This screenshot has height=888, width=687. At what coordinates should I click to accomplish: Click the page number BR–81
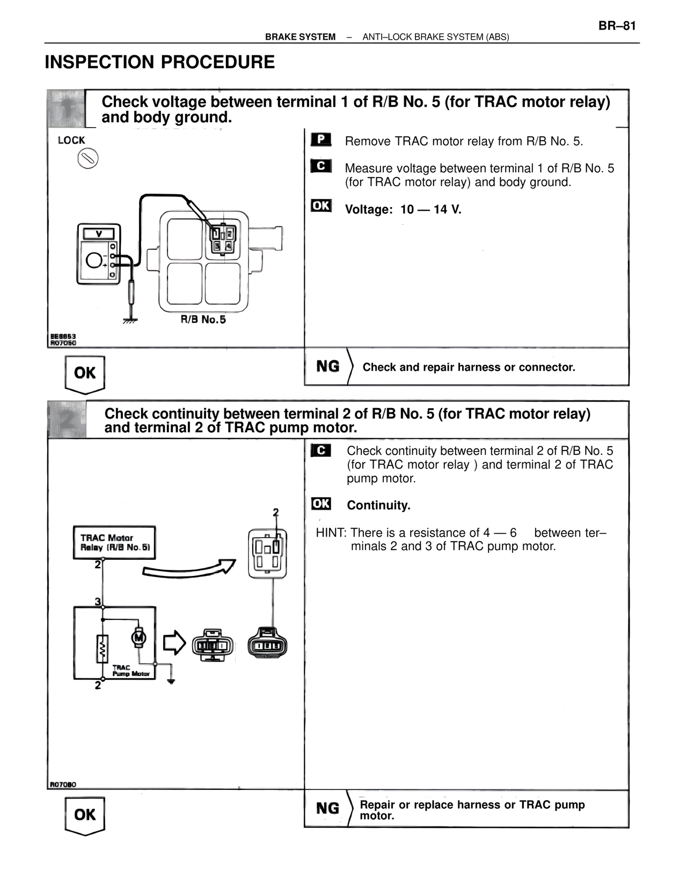(x=617, y=26)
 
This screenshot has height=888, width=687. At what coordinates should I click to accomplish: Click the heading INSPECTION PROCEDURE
(x=159, y=62)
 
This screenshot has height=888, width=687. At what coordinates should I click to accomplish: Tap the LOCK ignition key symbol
(x=87, y=159)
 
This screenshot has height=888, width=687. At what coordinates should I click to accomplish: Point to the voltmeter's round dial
(x=95, y=261)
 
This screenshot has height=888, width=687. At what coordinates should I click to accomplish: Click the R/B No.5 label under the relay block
(x=203, y=320)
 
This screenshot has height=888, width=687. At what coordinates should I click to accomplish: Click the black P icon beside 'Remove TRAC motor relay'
(x=321, y=140)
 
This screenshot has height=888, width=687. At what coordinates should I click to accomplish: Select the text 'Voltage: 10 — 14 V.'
(x=403, y=209)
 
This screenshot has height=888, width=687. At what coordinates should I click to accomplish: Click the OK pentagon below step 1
(x=85, y=374)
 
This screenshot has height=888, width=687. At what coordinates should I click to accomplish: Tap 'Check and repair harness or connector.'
(x=469, y=367)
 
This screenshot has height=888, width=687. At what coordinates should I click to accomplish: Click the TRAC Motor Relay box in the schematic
(x=114, y=543)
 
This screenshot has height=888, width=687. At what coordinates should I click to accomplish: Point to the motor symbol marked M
(x=139, y=637)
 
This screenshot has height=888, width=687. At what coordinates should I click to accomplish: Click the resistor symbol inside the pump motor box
(x=102, y=649)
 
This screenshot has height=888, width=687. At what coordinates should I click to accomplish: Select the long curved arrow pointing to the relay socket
(x=188, y=570)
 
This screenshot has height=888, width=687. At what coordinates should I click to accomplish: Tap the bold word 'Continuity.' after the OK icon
(x=378, y=505)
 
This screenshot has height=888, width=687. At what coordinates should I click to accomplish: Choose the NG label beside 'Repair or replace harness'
(x=327, y=808)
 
